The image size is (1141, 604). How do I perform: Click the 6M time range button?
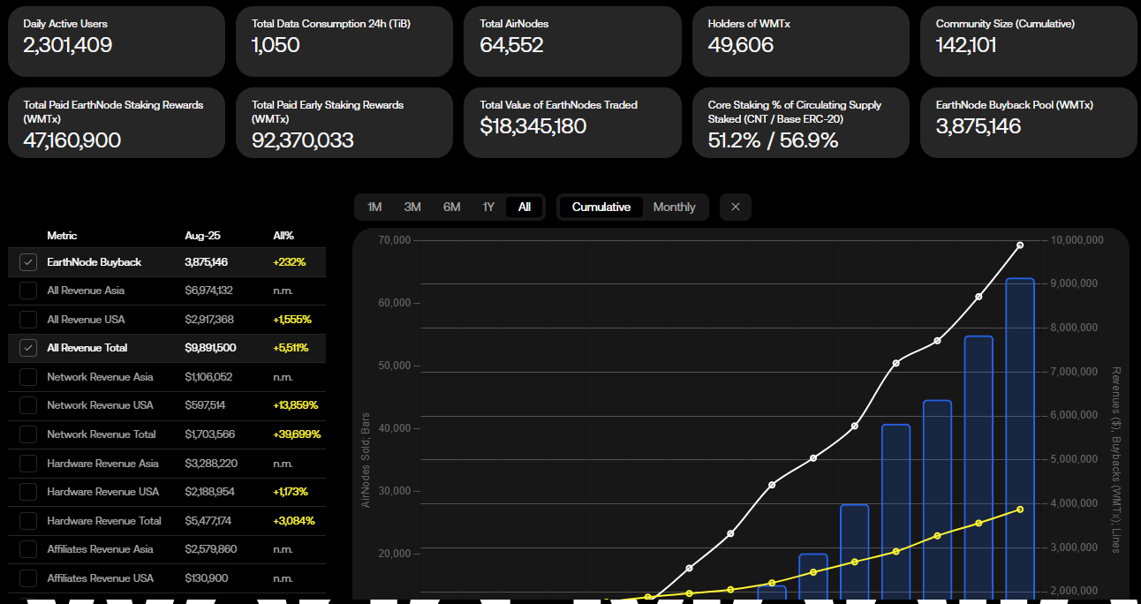tap(451, 207)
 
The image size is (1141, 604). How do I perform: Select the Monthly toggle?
tap(674, 207)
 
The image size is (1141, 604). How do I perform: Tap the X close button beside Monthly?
tap(735, 207)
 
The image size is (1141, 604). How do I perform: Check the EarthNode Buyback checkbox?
tap(28, 262)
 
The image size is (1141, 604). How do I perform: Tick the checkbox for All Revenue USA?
tap(28, 320)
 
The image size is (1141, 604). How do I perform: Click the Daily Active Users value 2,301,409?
tap(68, 46)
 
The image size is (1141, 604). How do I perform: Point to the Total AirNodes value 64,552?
tap(511, 46)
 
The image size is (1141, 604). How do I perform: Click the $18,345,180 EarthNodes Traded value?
tap(533, 126)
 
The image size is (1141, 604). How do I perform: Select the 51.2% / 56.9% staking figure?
tap(773, 140)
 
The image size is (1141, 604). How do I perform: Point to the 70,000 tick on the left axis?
tap(396, 240)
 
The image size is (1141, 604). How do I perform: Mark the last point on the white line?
tap(1020, 245)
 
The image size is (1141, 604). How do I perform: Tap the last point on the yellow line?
tap(1020, 510)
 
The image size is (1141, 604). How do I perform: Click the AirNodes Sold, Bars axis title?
tap(366, 460)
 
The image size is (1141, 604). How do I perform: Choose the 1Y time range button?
tap(488, 207)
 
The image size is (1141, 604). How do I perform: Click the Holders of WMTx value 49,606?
tap(740, 46)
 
